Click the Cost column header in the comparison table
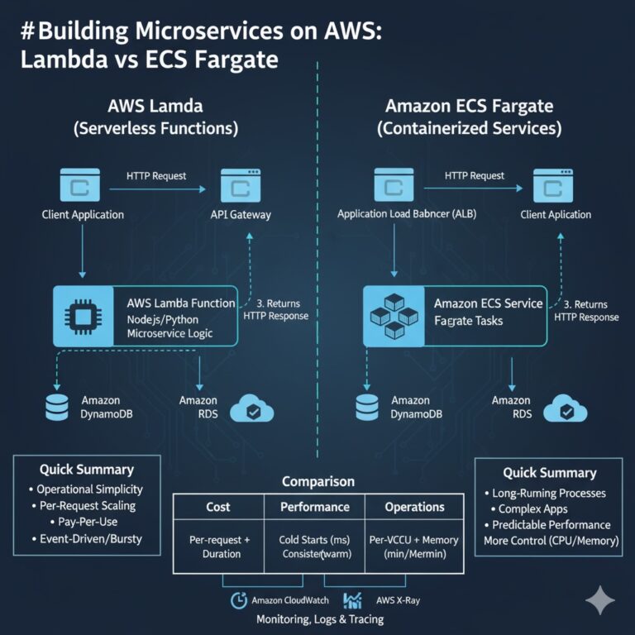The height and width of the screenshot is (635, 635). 217,507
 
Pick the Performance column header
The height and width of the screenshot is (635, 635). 314,507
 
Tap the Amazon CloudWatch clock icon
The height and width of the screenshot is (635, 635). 238,599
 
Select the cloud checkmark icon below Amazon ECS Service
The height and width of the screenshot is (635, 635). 566,408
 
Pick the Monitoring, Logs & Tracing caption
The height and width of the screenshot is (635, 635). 320,619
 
